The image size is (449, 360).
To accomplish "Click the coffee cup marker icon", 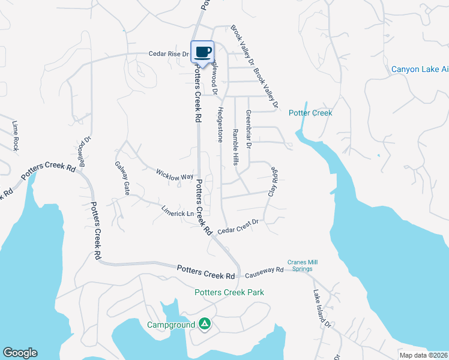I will pyautogui.click(x=202, y=51).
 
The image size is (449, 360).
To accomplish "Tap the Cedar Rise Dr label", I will pyautogui.click(x=169, y=54).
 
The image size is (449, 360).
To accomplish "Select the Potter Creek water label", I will pyautogui.click(x=310, y=113).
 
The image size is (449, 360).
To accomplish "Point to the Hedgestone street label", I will pyautogui.click(x=220, y=124).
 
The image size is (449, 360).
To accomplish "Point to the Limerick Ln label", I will pyautogui.click(x=178, y=211).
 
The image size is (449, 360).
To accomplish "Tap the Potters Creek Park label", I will pyautogui.click(x=229, y=292).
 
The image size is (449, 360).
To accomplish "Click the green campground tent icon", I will pyautogui.click(x=204, y=325).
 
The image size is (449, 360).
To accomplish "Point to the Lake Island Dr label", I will pyautogui.click(x=322, y=308).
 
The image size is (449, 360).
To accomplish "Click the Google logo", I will pyautogui.click(x=20, y=353).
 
